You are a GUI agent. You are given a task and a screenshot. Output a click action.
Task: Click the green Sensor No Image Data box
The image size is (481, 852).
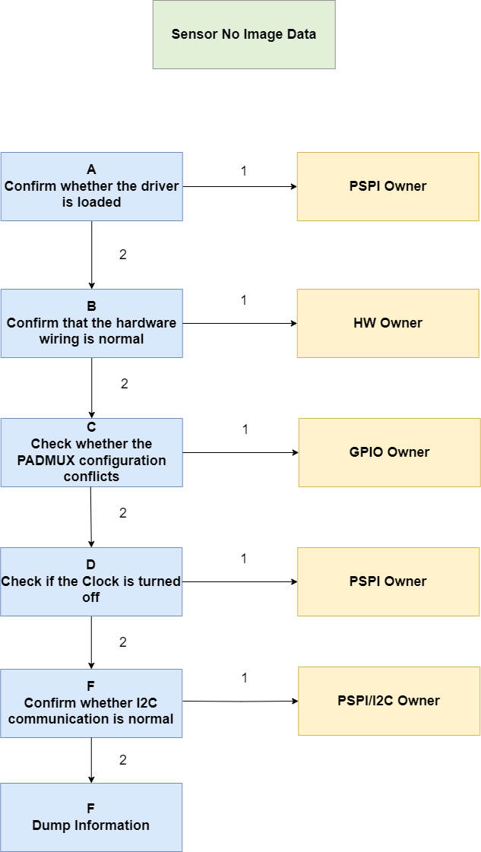(x=243, y=34)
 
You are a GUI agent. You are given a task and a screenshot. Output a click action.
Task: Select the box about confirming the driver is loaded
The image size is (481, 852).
(x=91, y=186)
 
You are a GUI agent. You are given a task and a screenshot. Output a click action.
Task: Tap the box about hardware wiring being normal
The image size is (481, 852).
(x=91, y=323)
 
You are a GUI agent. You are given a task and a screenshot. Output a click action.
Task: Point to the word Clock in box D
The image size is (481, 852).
(x=103, y=581)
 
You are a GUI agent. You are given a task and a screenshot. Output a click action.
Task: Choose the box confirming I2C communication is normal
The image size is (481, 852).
(x=91, y=703)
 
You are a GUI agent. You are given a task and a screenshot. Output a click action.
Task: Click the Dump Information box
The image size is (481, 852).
(x=91, y=817)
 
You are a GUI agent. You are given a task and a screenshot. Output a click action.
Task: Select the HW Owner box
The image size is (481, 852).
(x=388, y=323)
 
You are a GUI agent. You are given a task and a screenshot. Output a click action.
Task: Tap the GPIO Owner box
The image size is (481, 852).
(x=390, y=453)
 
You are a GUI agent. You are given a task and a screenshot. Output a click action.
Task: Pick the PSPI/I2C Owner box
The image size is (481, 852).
(x=389, y=701)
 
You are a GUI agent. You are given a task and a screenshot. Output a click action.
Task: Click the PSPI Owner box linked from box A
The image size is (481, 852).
(x=388, y=186)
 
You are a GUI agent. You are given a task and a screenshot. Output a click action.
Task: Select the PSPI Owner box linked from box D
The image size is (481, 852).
(x=388, y=581)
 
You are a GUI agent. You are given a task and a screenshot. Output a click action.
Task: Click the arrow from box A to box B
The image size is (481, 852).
(x=91, y=255)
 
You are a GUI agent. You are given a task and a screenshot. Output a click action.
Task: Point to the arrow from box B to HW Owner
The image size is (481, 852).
(x=239, y=323)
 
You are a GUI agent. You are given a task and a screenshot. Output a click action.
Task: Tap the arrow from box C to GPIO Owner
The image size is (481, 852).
(x=241, y=453)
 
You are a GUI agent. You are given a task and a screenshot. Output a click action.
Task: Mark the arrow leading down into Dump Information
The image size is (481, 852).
(x=91, y=760)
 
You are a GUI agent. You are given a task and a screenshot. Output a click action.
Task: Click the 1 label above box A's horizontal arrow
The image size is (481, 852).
(x=243, y=170)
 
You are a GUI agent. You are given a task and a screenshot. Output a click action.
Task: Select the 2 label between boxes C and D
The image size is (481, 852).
(x=123, y=513)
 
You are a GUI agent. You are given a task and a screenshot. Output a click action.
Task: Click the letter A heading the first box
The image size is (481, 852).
(x=91, y=169)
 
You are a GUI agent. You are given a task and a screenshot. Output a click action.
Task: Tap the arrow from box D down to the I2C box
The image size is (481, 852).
(x=91, y=642)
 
